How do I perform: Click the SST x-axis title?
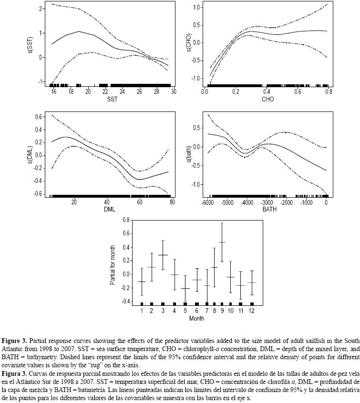pyautogui.click(x=113, y=99)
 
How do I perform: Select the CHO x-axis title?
pyautogui.click(x=268, y=99)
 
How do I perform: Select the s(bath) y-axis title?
pyautogui.click(x=189, y=154)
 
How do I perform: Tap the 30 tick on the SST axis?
pyautogui.click(x=174, y=91)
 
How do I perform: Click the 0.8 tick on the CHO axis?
pyautogui.click(x=329, y=91)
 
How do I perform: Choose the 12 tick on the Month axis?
pyautogui.click(x=252, y=311)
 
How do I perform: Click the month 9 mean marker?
pyautogui.click(x=222, y=242)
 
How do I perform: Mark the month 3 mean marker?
pyautogui.click(x=163, y=255)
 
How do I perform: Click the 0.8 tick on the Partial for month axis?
pyautogui.click(x=126, y=220)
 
